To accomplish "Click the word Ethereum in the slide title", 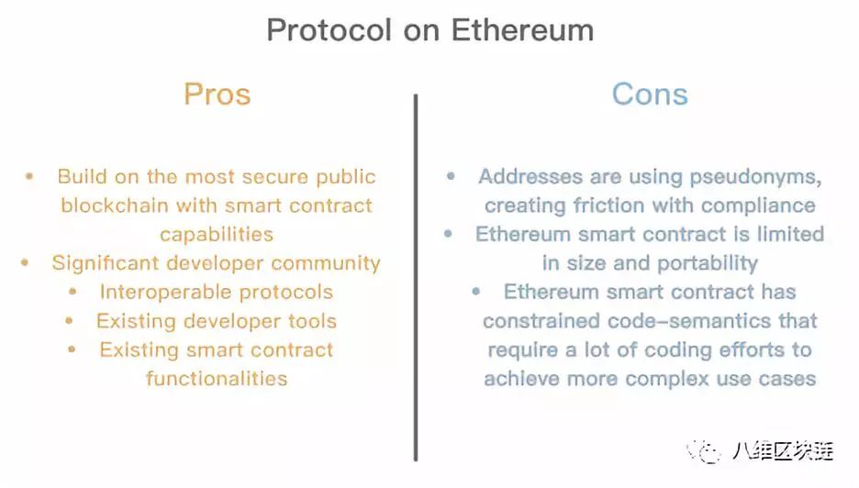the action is pos(522,30).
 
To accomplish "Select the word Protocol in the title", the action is pos(329,30).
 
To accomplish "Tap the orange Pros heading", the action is pos(217,94).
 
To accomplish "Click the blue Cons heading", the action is pos(650,94).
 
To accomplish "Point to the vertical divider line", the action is pos(416,277).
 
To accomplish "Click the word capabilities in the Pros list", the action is pos(217,235).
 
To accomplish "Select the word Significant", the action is pos(106,263).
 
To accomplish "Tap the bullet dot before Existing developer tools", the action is pos(70,320).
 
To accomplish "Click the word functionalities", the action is pos(217,379).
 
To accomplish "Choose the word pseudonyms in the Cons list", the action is pos(755,177).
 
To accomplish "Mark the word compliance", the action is pos(758,206).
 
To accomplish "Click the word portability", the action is pos(708,264).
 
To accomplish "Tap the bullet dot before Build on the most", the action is pos(29,176).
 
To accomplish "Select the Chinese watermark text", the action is pos(783,450).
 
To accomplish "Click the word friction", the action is pos(608,206).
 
